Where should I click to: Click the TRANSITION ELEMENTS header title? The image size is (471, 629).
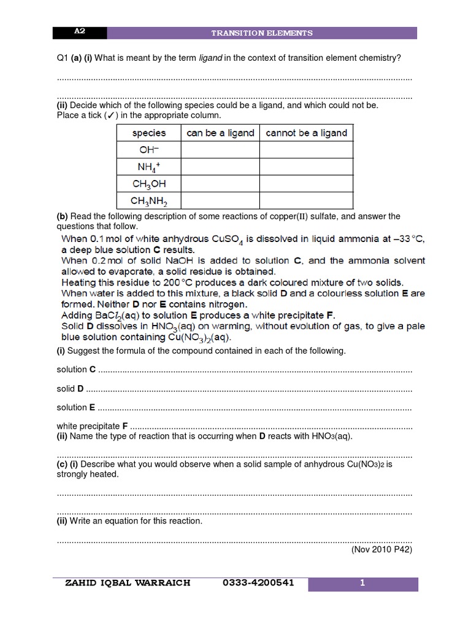pyautogui.click(x=262, y=33)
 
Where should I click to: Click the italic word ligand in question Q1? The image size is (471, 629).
pyautogui.click(x=210, y=58)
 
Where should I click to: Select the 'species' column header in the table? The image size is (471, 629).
pyautogui.click(x=149, y=133)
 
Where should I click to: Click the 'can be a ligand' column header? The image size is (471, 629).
pyautogui.click(x=220, y=133)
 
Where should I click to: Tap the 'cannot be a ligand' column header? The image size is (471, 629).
pyautogui.click(x=306, y=133)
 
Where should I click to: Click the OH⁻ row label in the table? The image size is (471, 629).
pyautogui.click(x=149, y=150)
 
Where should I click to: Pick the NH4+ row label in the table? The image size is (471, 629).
pyautogui.click(x=149, y=166)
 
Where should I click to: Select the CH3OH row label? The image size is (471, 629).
pyautogui.click(x=149, y=183)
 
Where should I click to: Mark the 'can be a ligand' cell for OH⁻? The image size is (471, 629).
pyautogui.click(x=220, y=150)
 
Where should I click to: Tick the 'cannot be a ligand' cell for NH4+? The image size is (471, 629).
pyautogui.click(x=306, y=166)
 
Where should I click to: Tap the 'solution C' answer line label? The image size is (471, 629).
pyautogui.click(x=76, y=369)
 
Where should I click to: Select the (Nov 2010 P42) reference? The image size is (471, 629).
pyautogui.click(x=381, y=550)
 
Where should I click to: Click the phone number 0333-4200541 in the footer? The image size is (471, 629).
pyautogui.click(x=259, y=583)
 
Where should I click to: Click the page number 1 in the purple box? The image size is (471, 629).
pyautogui.click(x=362, y=584)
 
